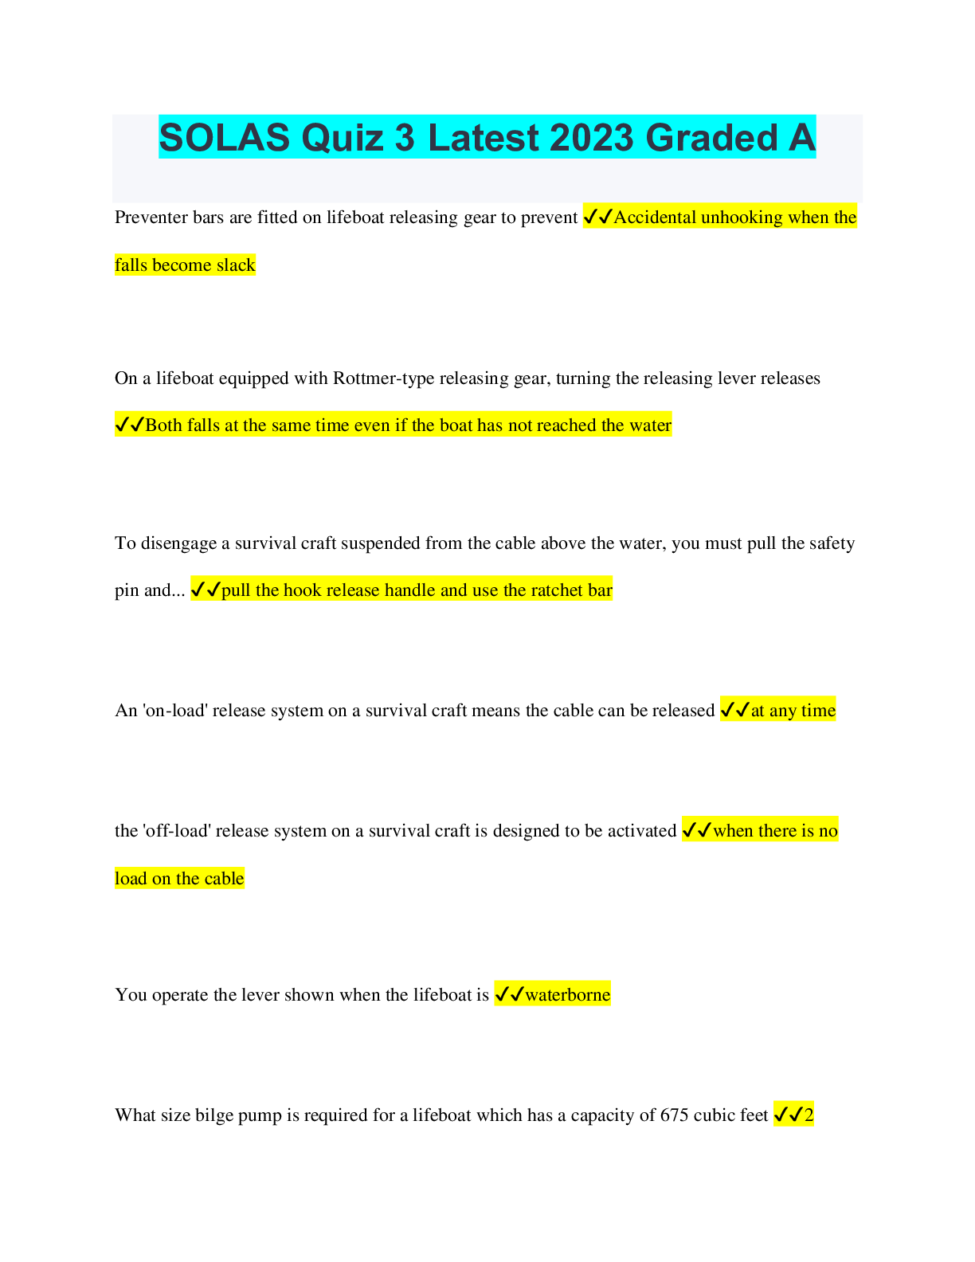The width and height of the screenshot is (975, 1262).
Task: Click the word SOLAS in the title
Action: point(224,138)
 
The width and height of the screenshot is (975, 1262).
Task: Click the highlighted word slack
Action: point(236,265)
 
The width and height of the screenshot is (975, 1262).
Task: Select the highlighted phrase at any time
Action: point(793,711)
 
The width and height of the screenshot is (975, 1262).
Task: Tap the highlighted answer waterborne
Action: point(567,995)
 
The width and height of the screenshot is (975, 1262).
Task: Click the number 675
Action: point(675,1115)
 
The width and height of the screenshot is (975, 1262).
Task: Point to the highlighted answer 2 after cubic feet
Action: point(809,1115)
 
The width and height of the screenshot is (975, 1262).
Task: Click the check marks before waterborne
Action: point(509,995)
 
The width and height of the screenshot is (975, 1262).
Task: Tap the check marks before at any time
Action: point(734,711)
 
